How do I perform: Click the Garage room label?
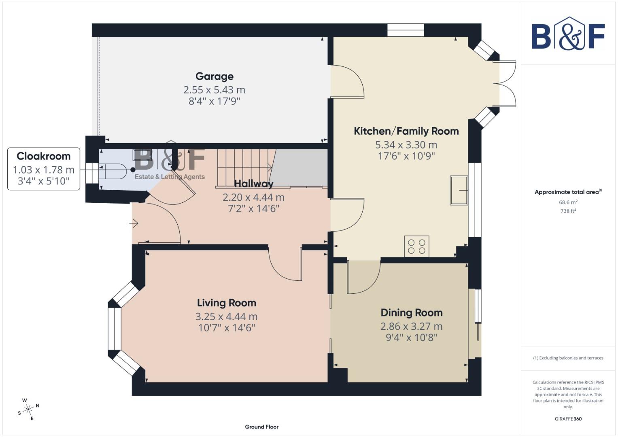click(x=214, y=76)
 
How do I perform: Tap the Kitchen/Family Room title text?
click(x=406, y=131)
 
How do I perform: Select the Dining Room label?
click(x=411, y=313)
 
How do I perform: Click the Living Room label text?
click(x=226, y=303)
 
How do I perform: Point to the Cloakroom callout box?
click(x=44, y=168)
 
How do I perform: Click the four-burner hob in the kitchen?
click(x=416, y=246)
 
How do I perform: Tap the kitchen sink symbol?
click(x=459, y=190)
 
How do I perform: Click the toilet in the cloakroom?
click(x=112, y=172)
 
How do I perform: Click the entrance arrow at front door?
click(x=134, y=223)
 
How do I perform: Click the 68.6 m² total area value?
click(x=568, y=202)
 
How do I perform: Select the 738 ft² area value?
click(x=568, y=211)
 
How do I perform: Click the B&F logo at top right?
click(x=568, y=34)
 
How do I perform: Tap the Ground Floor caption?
click(x=261, y=426)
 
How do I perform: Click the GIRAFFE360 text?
click(x=568, y=419)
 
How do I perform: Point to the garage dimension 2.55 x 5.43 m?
click(x=214, y=90)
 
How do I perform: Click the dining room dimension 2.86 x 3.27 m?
click(x=411, y=326)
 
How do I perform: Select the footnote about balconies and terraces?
click(x=568, y=358)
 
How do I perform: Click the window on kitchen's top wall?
click(x=406, y=30)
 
